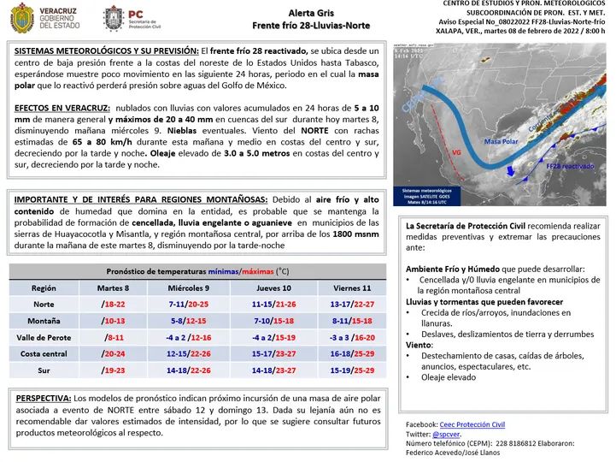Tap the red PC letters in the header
point(134,14)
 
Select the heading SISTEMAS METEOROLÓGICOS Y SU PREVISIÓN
point(106,51)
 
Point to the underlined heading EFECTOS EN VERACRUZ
point(62,108)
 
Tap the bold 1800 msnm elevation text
point(353,234)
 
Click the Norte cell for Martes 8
point(114,305)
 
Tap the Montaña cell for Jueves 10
point(273,321)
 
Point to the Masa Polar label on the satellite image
point(502,140)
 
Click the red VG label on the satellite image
point(457,152)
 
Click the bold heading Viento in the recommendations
point(420,344)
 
